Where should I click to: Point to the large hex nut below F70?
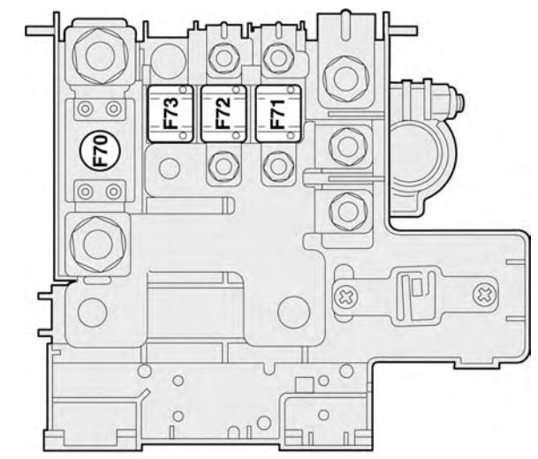coord(97,238)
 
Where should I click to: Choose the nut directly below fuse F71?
coord(277,164)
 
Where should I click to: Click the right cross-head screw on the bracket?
coord(483,291)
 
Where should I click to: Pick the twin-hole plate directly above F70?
coord(98,109)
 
